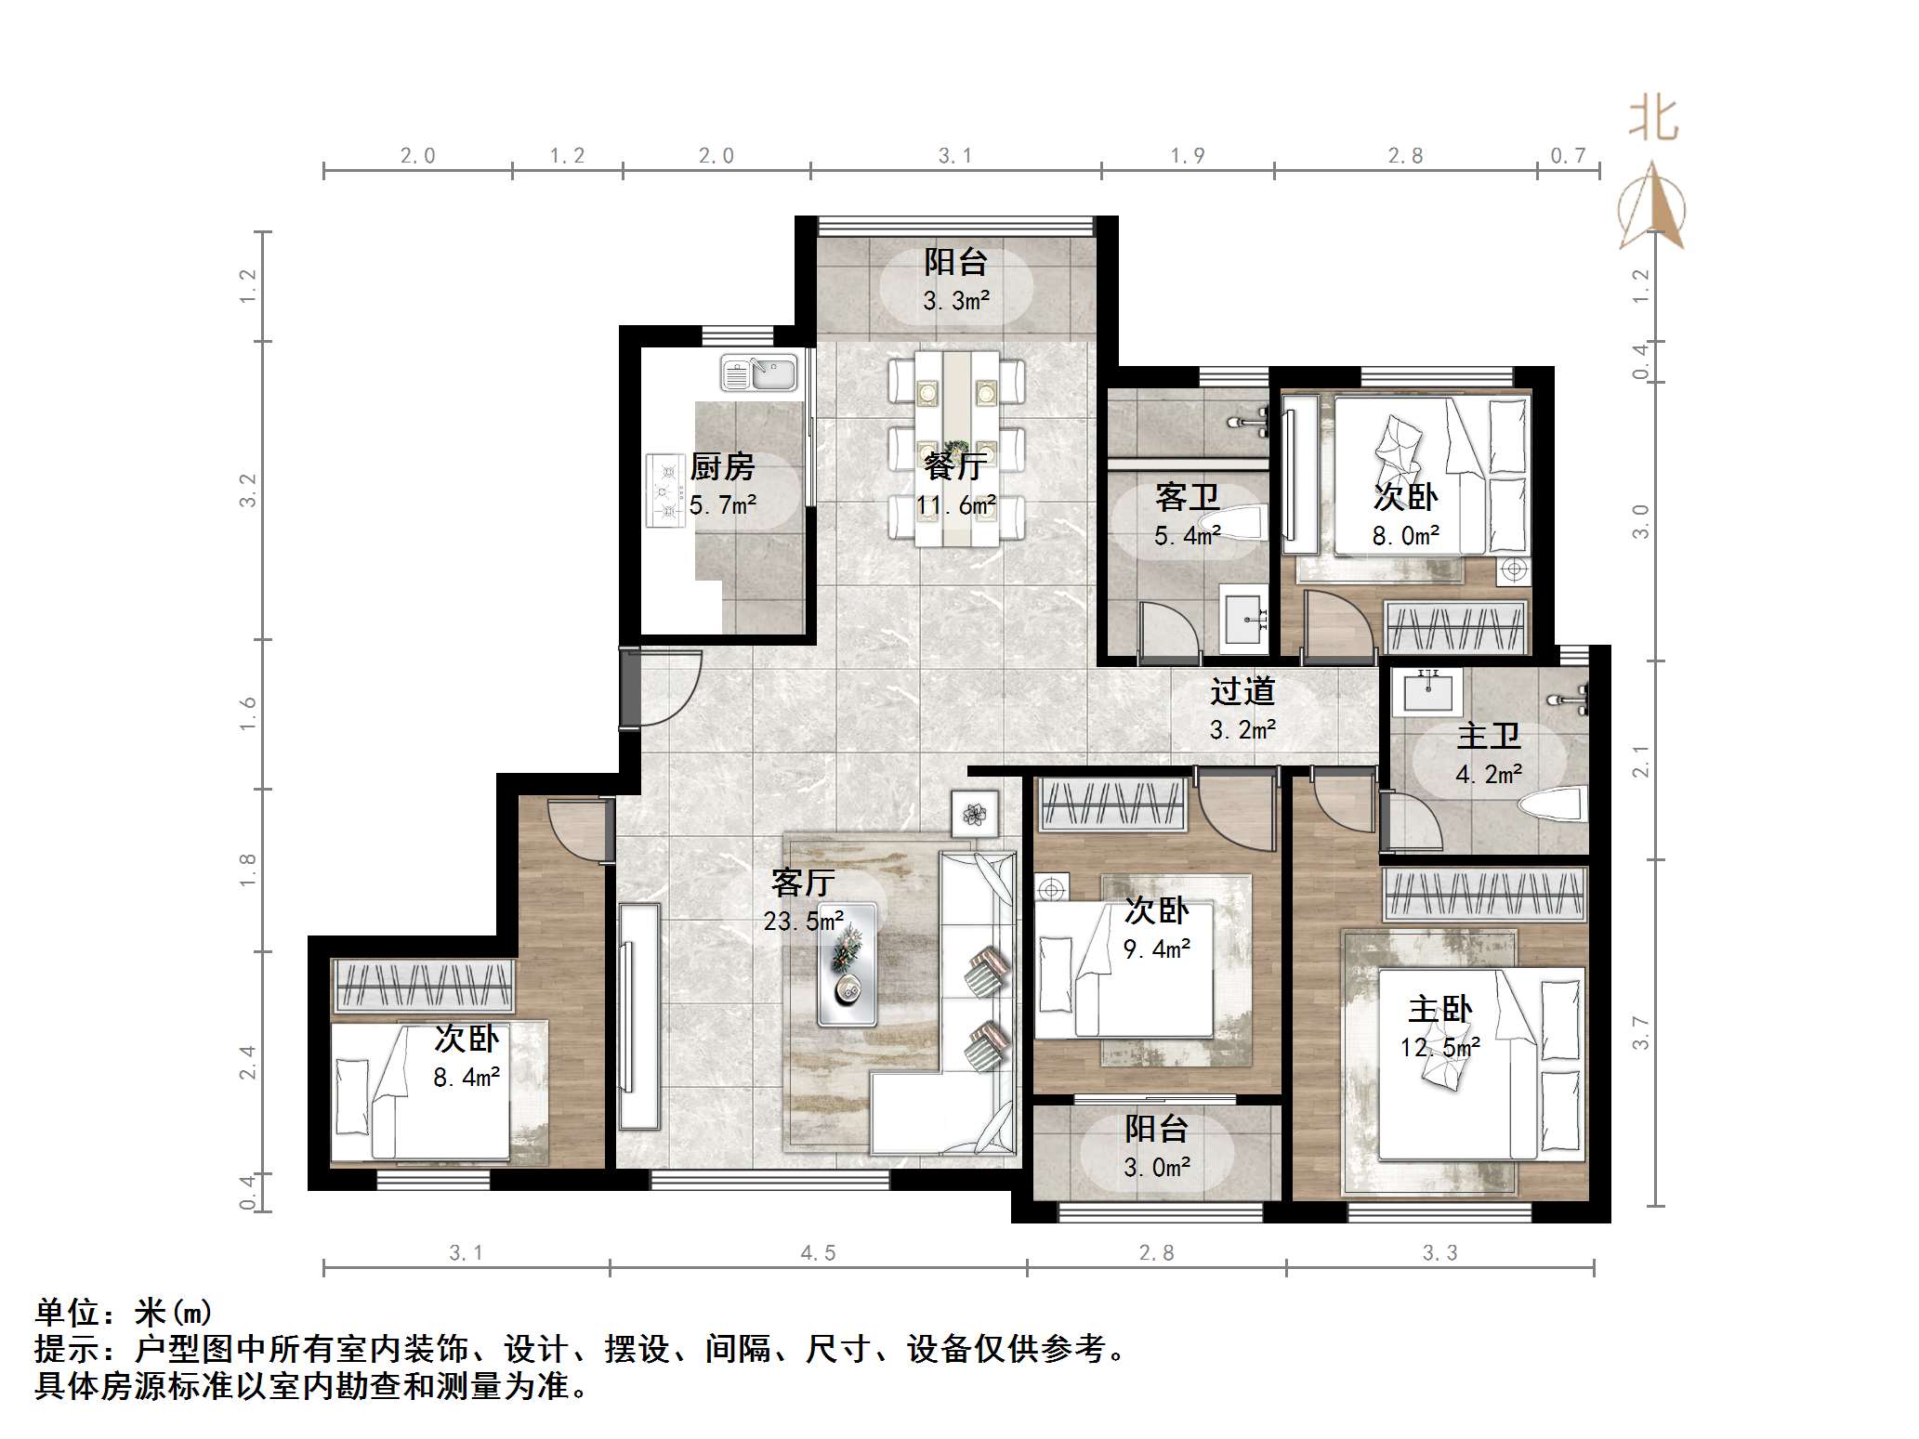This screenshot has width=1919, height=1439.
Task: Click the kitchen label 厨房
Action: [x=722, y=466]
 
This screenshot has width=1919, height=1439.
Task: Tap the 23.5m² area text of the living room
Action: [x=804, y=921]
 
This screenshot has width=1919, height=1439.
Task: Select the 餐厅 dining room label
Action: [x=955, y=465]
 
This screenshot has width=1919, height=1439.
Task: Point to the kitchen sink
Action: [x=759, y=373]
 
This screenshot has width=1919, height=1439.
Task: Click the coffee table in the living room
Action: [x=847, y=964]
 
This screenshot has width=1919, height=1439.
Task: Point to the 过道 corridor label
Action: [x=1242, y=691]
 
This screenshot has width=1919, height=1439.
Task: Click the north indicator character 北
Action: [x=1653, y=119]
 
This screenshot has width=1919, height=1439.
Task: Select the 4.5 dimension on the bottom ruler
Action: [x=819, y=1253]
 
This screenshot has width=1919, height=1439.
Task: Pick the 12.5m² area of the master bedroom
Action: [x=1440, y=1048]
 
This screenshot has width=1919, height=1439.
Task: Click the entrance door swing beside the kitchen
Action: [x=663, y=687]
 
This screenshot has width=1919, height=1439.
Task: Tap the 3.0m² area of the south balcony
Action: [x=1157, y=1167]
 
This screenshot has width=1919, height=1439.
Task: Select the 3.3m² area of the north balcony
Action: [x=956, y=300]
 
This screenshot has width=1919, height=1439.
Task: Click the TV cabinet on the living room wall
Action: [x=639, y=1016]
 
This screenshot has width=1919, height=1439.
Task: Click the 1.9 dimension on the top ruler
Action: [x=1188, y=155]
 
